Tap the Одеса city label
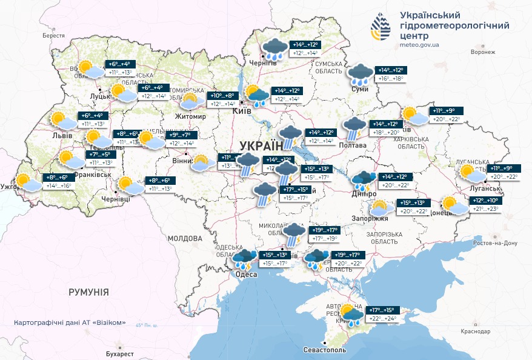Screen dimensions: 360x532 pos(246,275)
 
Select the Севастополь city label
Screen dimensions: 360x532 pos(325,350)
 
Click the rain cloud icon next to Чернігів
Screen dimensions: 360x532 pos(274,48)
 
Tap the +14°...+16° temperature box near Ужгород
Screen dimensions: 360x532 pos(59,187)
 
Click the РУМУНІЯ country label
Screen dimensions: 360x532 pos(88,292)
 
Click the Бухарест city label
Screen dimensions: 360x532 pos(117,353)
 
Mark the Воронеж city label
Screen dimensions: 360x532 pos(482,52)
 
